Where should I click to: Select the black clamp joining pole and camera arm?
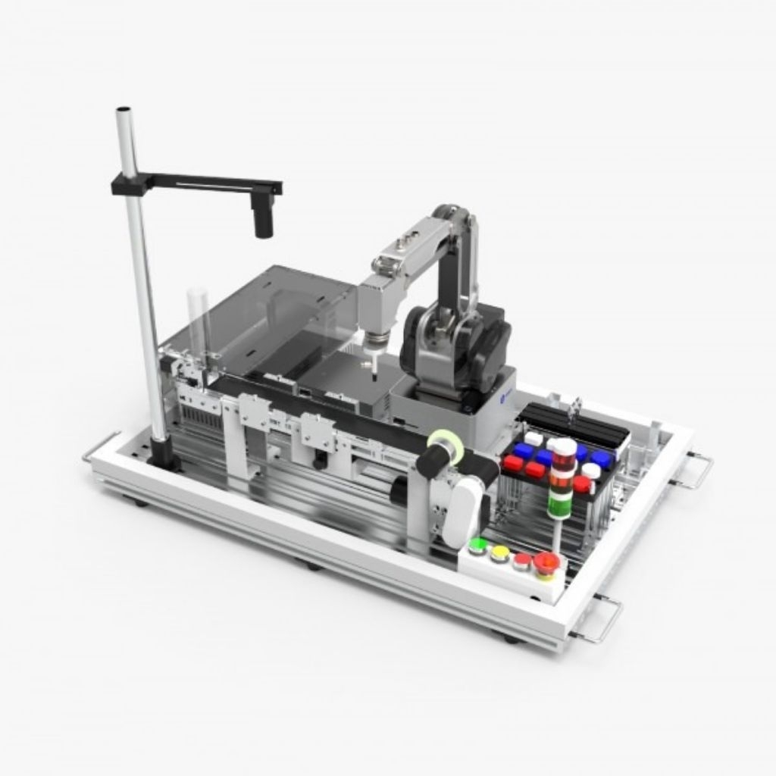127,184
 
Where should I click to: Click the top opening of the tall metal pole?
124,111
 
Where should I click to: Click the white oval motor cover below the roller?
465,514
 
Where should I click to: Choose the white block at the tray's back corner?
533,438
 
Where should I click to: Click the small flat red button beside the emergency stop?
522,560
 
